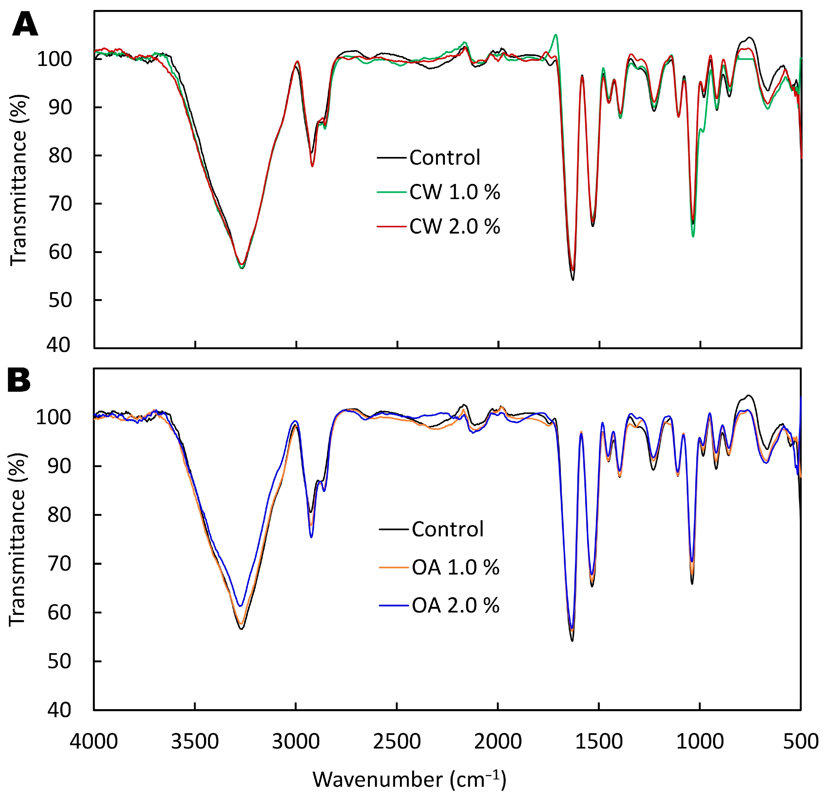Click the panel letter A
coord(25,26)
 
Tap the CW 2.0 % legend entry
coord(454,227)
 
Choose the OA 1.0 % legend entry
coord(455,568)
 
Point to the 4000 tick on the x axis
coord(94,741)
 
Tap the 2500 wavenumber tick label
coord(396,741)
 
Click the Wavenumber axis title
coord(409,779)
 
